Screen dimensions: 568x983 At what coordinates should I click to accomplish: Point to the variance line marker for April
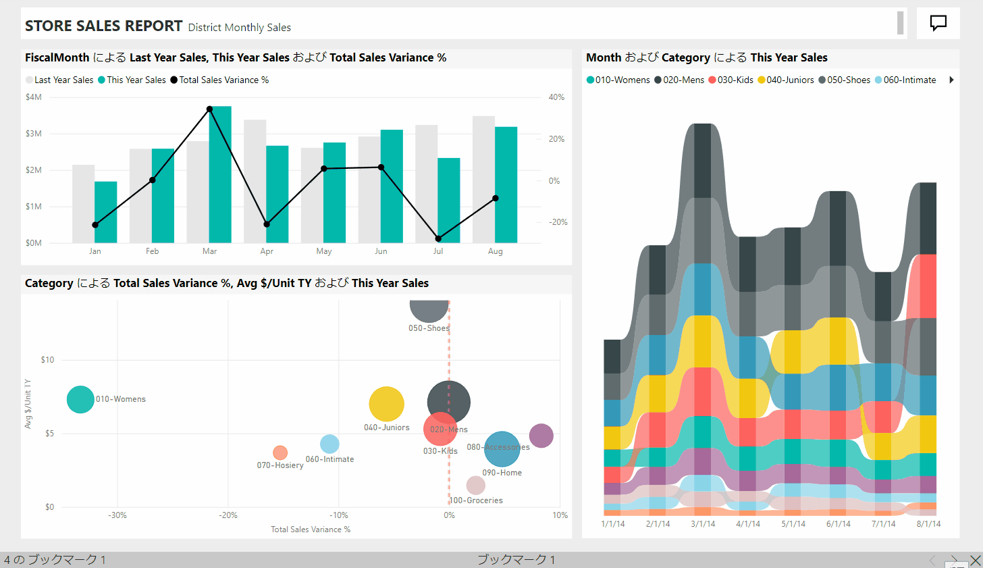[x=267, y=224]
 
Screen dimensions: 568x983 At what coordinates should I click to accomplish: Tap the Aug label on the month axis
[x=496, y=251]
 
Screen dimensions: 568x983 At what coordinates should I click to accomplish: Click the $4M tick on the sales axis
[x=34, y=97]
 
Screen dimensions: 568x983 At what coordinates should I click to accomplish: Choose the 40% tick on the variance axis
[x=556, y=97]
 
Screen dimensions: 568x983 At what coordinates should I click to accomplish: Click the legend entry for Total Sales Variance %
[x=220, y=80]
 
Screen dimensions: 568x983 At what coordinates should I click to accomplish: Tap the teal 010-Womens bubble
[x=80, y=399]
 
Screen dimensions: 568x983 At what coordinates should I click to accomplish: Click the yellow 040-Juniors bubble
[x=386, y=404]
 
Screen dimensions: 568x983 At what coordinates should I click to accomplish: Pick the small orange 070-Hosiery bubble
[x=280, y=453]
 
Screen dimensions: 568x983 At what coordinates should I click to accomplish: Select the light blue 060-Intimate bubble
[x=329, y=444]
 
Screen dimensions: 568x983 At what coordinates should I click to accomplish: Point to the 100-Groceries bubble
[x=476, y=485]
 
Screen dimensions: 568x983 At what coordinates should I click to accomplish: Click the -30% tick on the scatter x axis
[x=117, y=515]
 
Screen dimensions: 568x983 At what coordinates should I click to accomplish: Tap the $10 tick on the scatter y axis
[x=47, y=360]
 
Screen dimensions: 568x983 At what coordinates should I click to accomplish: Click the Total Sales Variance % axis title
[x=311, y=530]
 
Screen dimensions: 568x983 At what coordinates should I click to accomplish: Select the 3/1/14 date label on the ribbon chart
[x=703, y=524]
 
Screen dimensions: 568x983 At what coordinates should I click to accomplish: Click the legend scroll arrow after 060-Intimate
[x=951, y=80]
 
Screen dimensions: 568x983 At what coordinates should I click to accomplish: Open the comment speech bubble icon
[x=938, y=23]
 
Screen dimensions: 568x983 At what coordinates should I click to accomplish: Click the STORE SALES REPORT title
[x=103, y=26]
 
